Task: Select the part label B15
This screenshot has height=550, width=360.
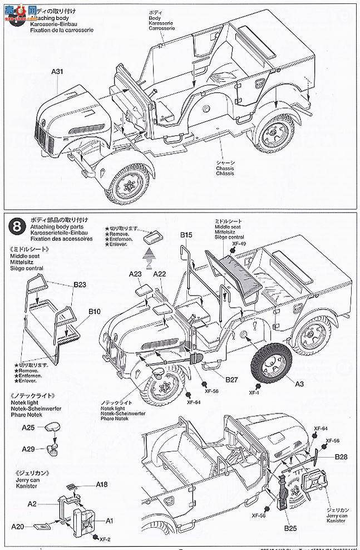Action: coord(186,236)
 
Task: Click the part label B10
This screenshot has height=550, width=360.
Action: coord(94,313)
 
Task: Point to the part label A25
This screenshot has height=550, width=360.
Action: coord(29,428)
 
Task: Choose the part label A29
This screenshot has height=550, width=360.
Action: coord(29,449)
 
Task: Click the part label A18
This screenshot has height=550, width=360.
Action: coord(101,484)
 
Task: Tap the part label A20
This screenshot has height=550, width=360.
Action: coord(18,526)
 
